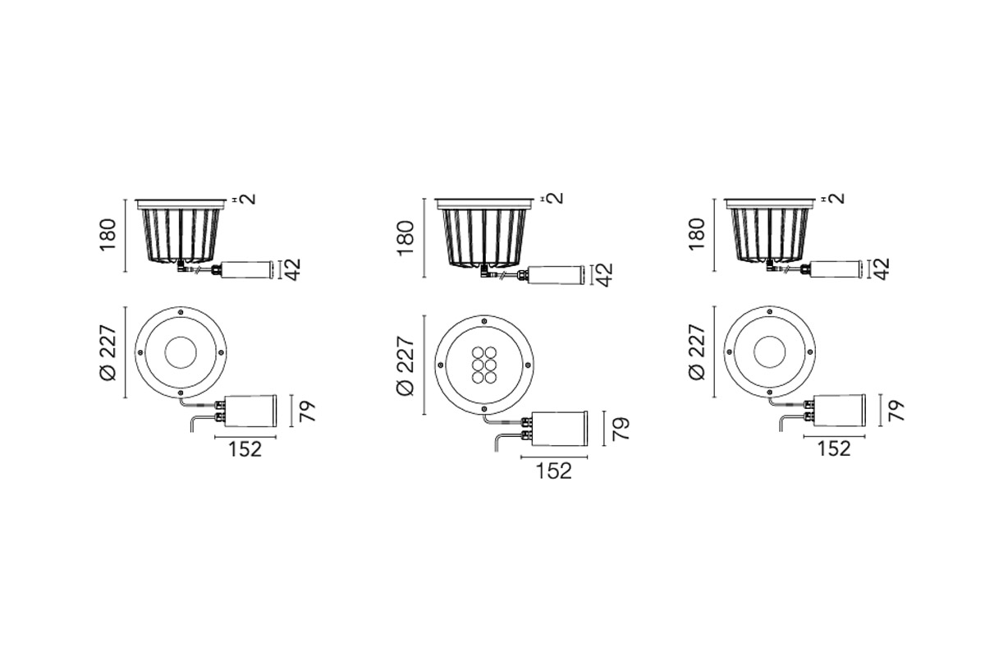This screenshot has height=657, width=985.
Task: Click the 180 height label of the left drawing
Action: [x=108, y=235]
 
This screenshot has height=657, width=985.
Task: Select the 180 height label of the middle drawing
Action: [x=405, y=238]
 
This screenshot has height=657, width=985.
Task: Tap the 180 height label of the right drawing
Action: [x=697, y=235]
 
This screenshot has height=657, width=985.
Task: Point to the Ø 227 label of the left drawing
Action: [x=108, y=352]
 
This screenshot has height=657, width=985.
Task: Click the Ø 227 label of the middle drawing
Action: [x=405, y=365]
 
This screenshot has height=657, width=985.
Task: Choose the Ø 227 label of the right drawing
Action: [x=697, y=351]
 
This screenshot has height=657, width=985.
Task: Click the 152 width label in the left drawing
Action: [x=245, y=449]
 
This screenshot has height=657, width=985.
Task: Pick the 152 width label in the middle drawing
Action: [x=553, y=471]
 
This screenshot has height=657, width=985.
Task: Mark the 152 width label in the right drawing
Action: [x=834, y=449]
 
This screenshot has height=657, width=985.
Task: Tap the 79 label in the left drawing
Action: [x=308, y=411]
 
